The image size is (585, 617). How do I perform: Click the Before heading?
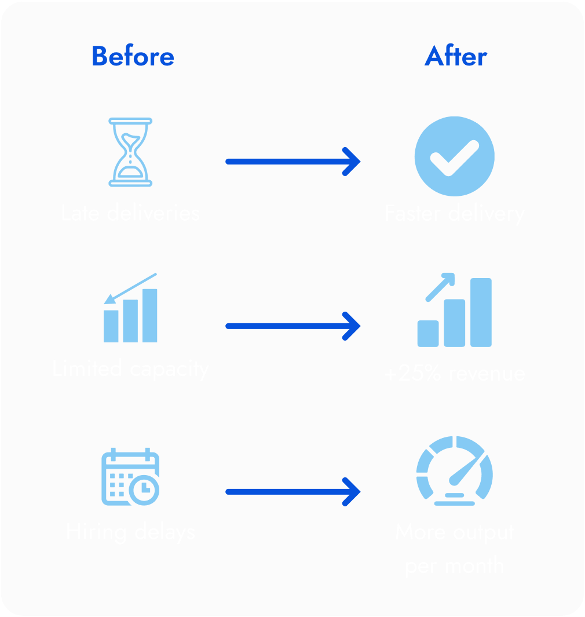[x=133, y=57]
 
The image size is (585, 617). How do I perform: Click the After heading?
[x=455, y=57]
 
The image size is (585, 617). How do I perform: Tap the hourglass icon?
[x=130, y=152]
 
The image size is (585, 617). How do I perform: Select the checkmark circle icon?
[x=454, y=156]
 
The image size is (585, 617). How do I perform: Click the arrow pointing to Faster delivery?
[x=292, y=161]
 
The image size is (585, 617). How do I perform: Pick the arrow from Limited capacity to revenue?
[x=292, y=326]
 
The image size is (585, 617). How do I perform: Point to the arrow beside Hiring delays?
[x=292, y=492]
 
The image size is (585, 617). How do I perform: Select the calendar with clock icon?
[x=130, y=476]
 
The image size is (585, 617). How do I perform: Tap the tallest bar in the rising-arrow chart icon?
[x=481, y=312]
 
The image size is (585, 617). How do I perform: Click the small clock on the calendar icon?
[x=143, y=490]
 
